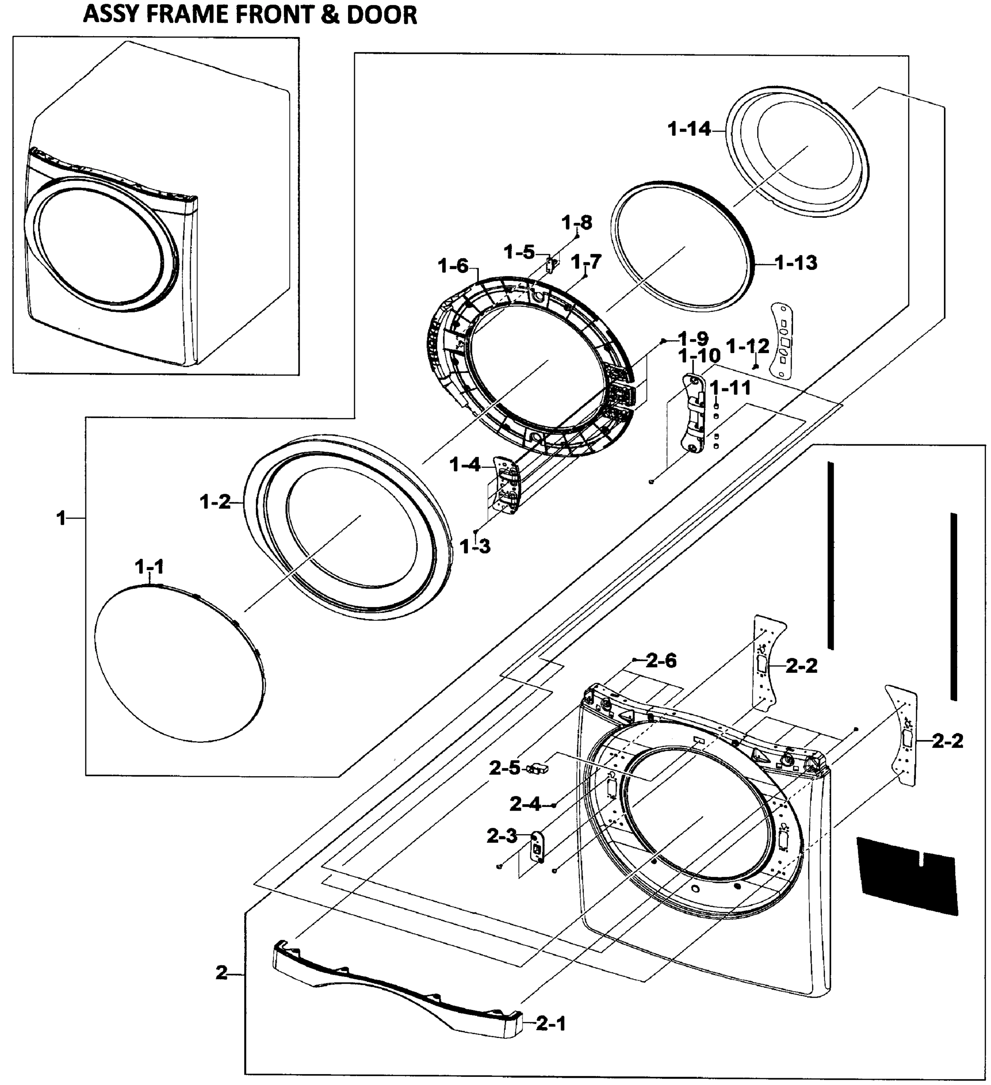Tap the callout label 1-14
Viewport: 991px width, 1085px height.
689,129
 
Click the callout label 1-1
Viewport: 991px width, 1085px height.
149,567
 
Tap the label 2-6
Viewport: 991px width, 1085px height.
661,660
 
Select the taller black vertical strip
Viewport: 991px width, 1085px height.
831,554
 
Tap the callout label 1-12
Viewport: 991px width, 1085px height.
748,347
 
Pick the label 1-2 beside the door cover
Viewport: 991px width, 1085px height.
215,502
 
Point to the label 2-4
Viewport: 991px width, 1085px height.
525,805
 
